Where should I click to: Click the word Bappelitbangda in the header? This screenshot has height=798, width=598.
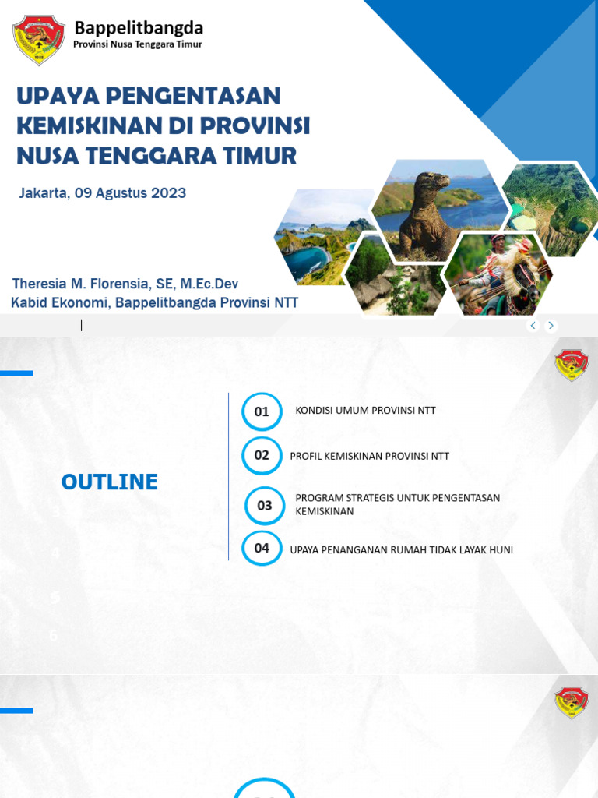click(x=139, y=28)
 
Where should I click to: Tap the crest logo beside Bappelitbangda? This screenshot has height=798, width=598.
click(x=39, y=40)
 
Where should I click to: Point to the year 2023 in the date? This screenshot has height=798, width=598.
click(x=164, y=193)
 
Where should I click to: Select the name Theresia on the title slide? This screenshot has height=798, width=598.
click(x=39, y=284)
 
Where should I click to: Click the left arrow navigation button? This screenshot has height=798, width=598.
click(x=533, y=326)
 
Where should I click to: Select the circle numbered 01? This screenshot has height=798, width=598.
click(x=262, y=411)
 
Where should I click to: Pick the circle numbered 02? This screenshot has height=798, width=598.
click(x=262, y=456)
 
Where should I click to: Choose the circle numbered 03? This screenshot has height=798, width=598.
click(x=265, y=506)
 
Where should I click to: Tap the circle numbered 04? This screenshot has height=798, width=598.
click(x=262, y=549)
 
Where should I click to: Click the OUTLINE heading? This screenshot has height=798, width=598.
click(x=110, y=482)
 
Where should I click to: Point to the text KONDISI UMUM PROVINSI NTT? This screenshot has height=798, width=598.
click(x=365, y=411)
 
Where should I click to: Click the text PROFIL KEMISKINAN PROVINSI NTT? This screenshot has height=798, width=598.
click(x=369, y=457)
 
